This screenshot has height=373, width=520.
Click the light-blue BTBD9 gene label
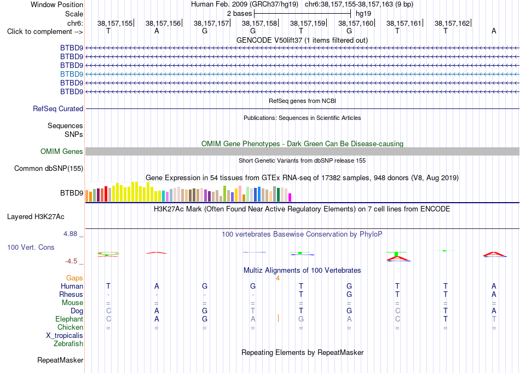click(72, 74)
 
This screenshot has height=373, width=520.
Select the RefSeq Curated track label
click(58, 108)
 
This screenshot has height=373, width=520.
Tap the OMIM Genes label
click(62, 151)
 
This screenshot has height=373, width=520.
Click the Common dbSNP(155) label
click(49, 168)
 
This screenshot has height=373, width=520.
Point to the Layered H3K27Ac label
click(36, 217)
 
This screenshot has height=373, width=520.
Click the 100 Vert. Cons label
click(31, 247)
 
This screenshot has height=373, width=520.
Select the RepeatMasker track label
click(60, 360)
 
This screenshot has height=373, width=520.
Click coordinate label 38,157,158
click(259, 23)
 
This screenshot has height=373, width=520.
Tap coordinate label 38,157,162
click(452, 23)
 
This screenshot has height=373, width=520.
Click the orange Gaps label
click(74, 278)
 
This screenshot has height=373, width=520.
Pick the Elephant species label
click(70, 319)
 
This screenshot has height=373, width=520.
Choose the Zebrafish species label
click(68, 343)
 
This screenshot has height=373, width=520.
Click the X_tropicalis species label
click(65, 336)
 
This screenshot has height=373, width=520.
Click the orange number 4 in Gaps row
click(278, 278)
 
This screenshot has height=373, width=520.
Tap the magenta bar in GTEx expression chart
click(290, 197)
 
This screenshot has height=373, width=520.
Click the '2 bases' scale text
click(239, 14)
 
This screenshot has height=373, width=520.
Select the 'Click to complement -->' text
click(45, 32)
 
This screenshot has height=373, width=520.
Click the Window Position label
click(57, 4)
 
